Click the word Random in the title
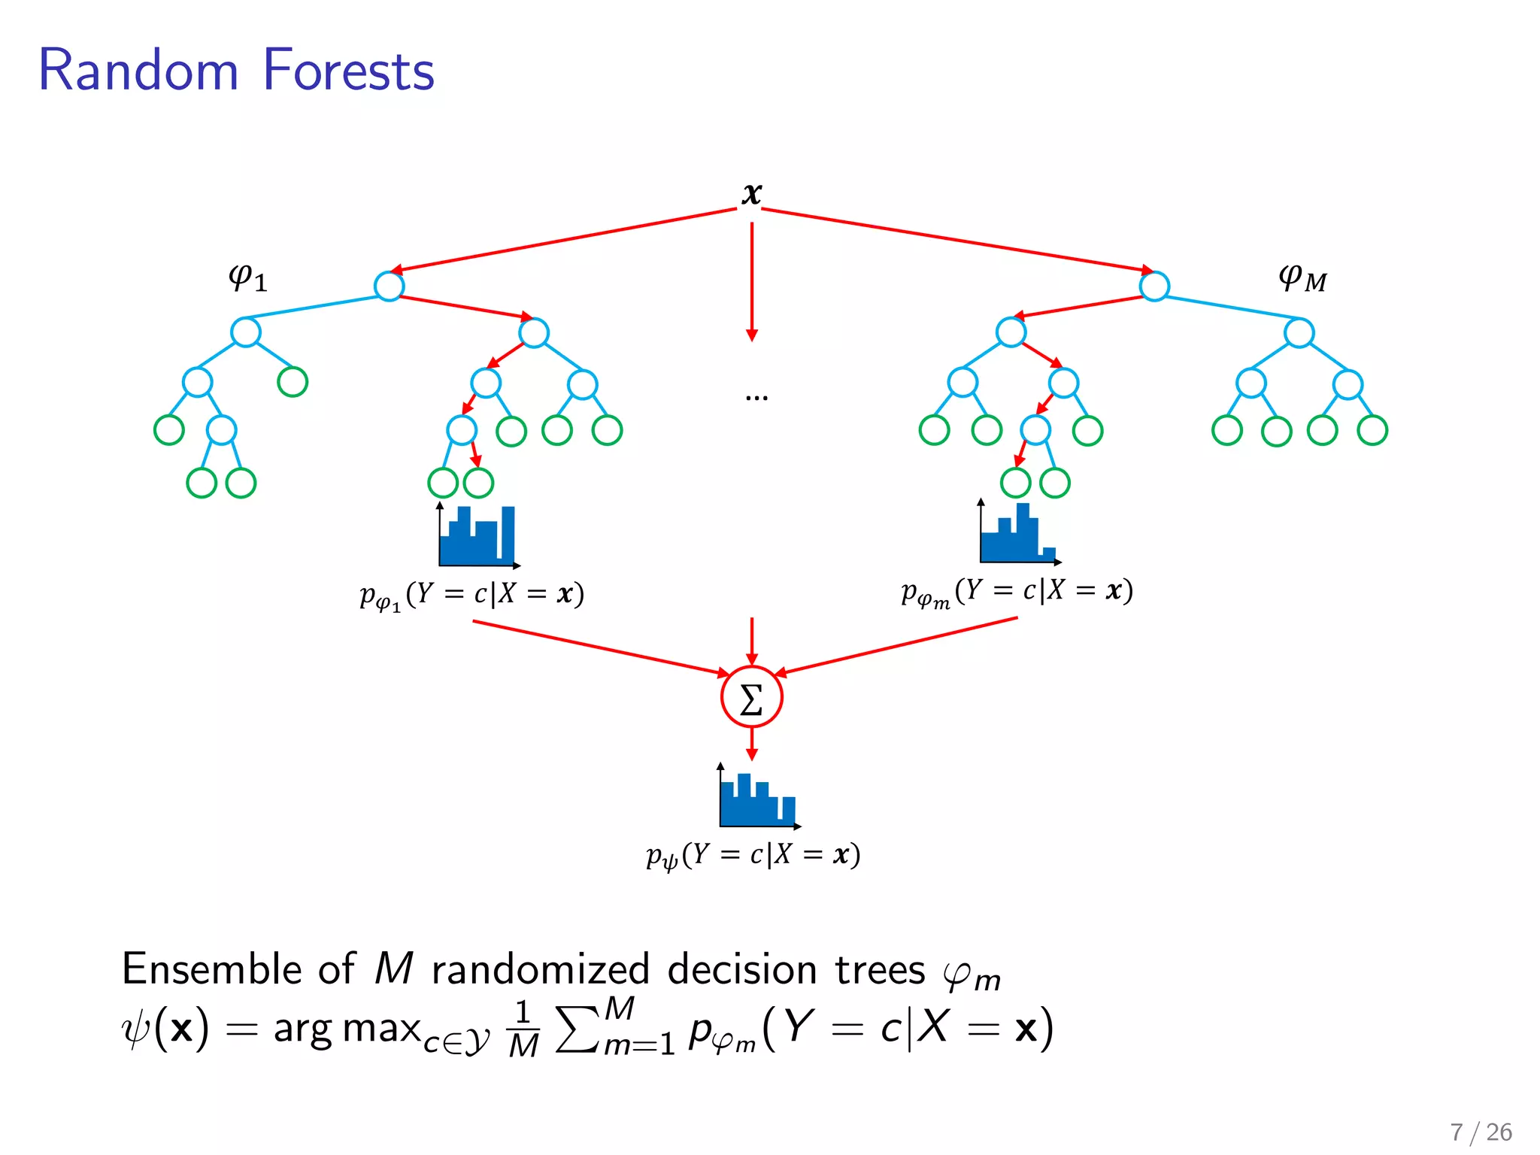click(138, 70)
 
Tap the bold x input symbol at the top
click(751, 193)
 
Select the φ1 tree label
click(247, 278)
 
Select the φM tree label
click(1302, 278)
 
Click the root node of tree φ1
click(389, 286)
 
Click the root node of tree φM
click(1154, 286)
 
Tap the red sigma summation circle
click(751, 697)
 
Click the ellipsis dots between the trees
click(756, 397)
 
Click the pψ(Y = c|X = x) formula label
click(753, 856)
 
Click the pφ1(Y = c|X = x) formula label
click(471, 595)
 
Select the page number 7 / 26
click(1481, 1132)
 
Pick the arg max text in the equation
click(346, 1029)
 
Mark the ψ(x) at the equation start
click(165, 1029)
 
